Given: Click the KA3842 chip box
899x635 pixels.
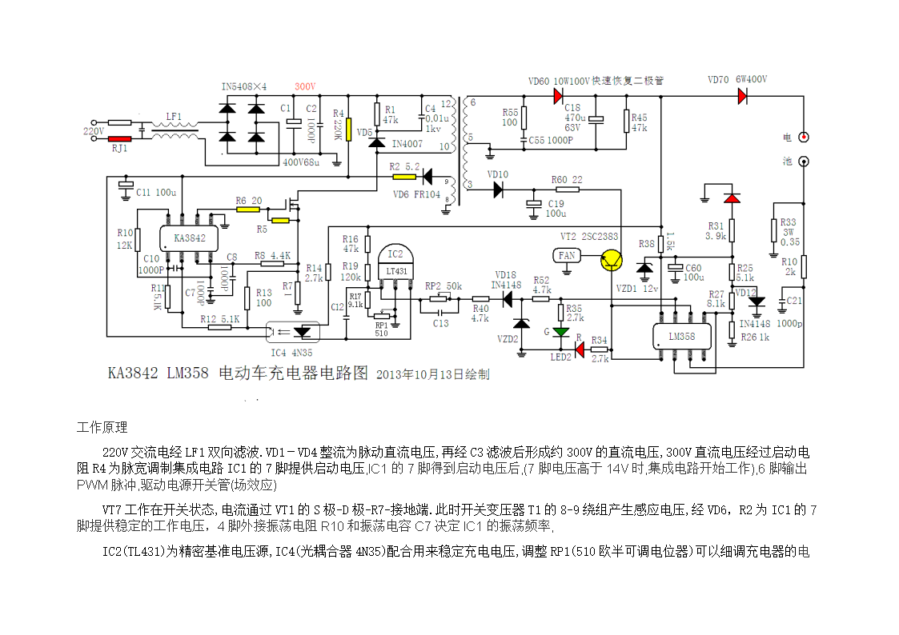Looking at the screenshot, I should click(189, 238).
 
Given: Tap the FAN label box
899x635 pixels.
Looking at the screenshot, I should click(567, 255).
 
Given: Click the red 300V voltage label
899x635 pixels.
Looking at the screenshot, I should click(305, 86).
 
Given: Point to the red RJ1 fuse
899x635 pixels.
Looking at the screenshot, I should click(119, 139).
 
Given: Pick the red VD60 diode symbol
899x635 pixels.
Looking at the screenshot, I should click(558, 96).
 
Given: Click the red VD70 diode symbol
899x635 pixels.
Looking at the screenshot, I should click(742, 96).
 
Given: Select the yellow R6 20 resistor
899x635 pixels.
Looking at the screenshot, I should click(248, 210).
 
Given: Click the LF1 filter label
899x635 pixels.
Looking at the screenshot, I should click(174, 117).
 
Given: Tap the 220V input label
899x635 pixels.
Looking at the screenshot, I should click(94, 130).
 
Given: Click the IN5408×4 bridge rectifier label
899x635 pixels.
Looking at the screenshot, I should click(244, 86).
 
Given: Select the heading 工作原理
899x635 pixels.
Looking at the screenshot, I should click(102, 427).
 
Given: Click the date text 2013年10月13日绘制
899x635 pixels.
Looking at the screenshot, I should click(432, 373).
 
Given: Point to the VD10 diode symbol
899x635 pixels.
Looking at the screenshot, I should click(498, 190).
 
